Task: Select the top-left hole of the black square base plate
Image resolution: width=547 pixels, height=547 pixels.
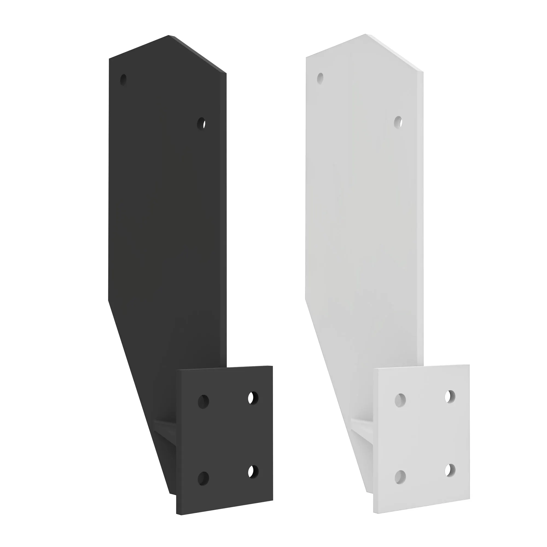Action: (x=203, y=401)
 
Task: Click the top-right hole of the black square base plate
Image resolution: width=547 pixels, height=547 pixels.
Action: (x=253, y=398)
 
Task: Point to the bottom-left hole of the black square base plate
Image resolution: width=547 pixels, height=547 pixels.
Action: (x=203, y=478)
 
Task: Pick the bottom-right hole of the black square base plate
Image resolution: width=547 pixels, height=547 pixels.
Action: (x=253, y=472)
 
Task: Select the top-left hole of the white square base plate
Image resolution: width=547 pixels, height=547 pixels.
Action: (x=400, y=400)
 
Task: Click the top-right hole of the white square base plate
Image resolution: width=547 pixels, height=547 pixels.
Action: (x=450, y=396)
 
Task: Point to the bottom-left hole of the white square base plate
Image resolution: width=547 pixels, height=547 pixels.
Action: (x=400, y=477)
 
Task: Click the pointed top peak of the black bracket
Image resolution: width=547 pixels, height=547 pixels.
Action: (x=169, y=36)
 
